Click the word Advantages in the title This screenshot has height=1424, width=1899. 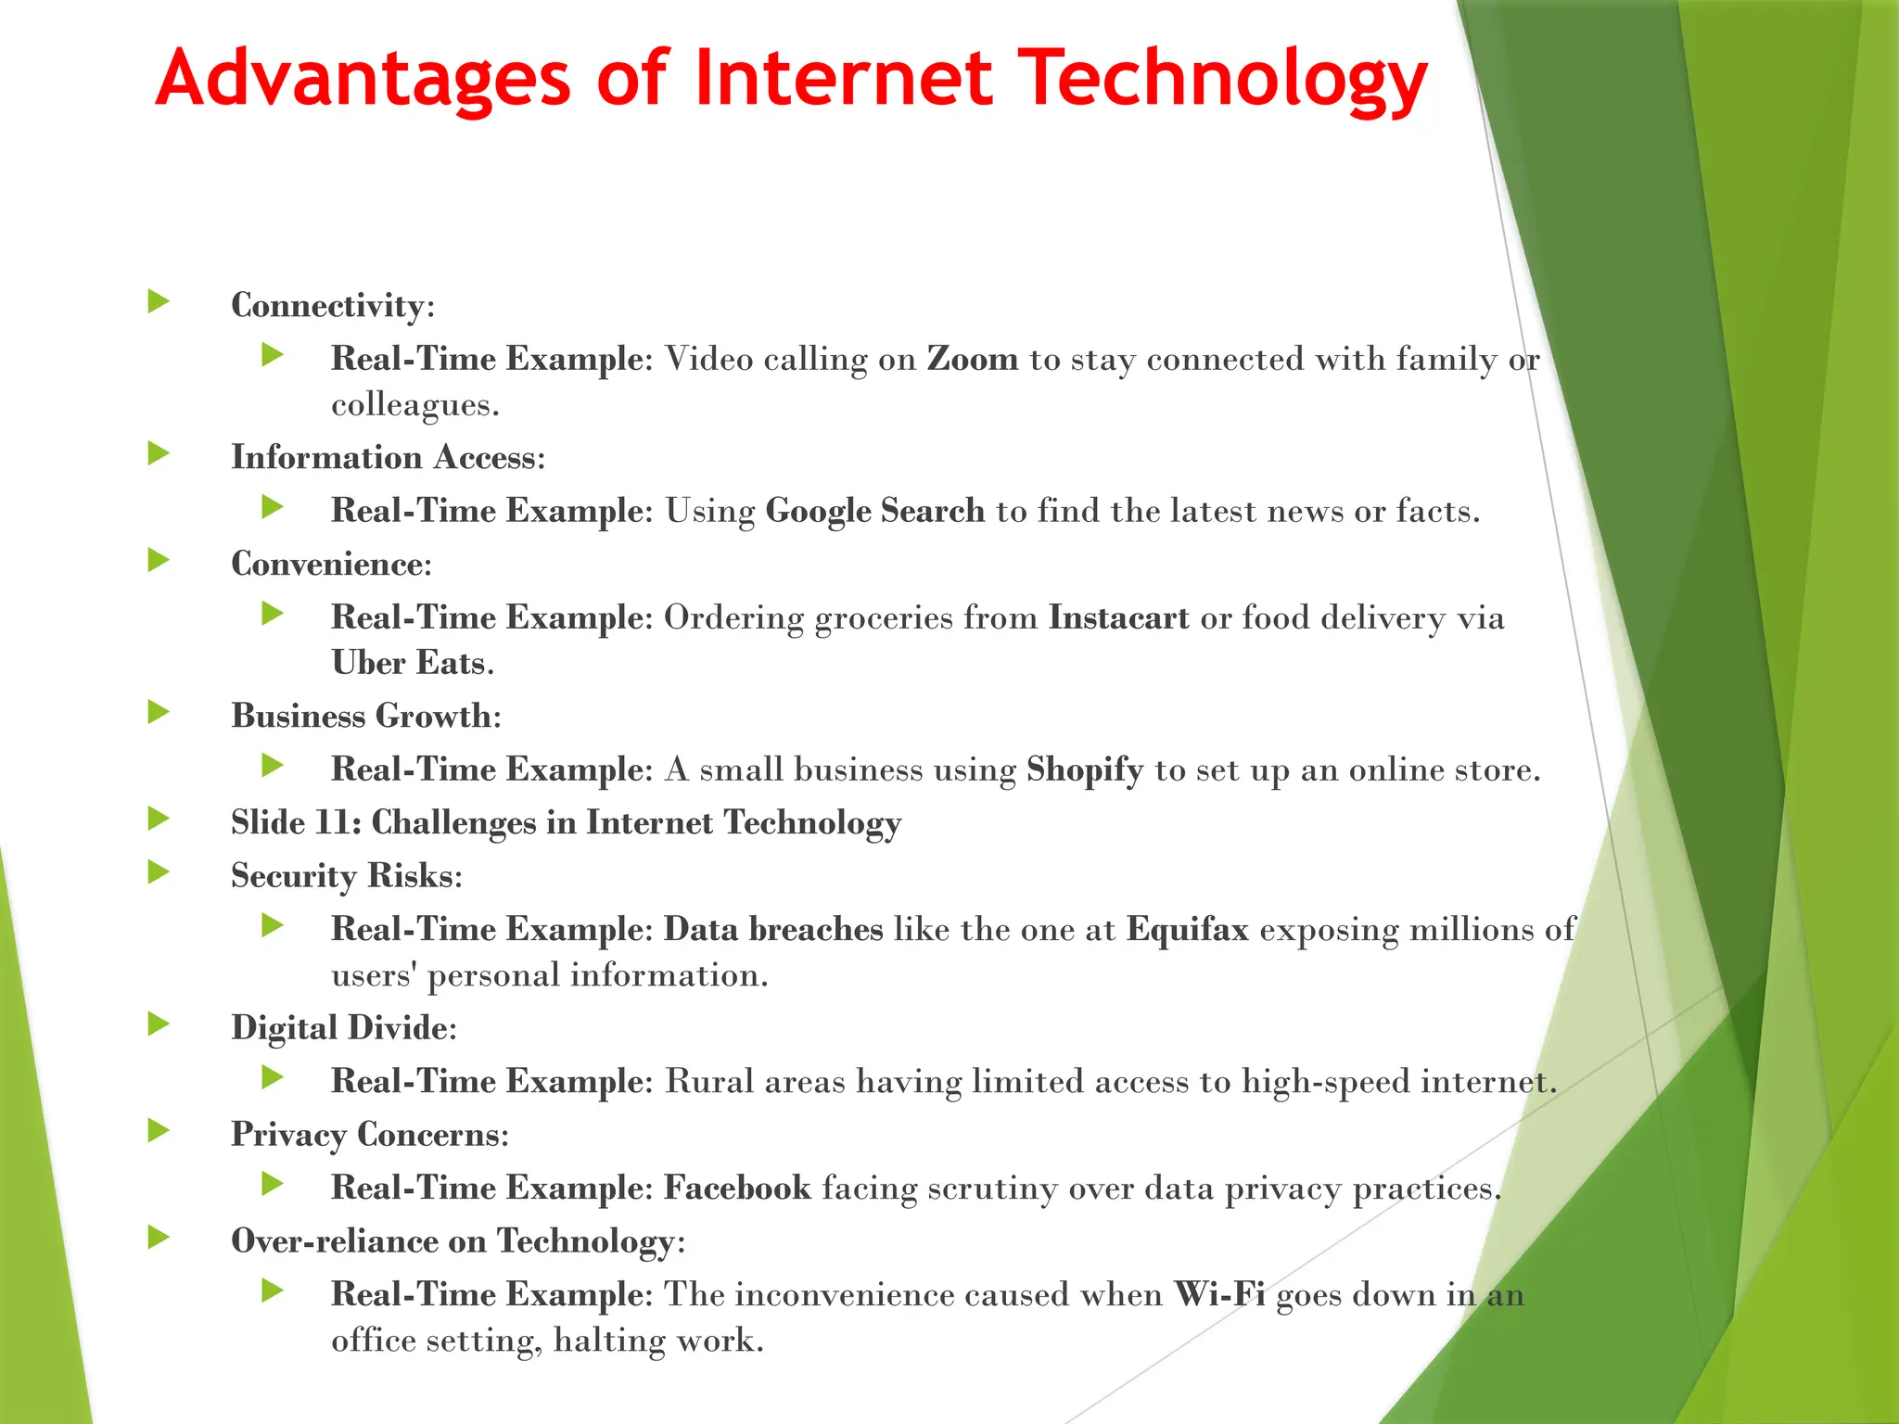click(x=363, y=79)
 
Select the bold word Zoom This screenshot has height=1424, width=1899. click(x=973, y=359)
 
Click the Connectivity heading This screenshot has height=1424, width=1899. click(x=332, y=305)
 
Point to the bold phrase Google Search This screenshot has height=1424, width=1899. click(x=874, y=511)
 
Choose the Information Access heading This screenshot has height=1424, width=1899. click(x=388, y=457)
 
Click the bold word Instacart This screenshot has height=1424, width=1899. click(x=1118, y=617)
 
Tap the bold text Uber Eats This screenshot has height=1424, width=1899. click(x=409, y=663)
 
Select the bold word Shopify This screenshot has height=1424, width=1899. click(x=1084, y=769)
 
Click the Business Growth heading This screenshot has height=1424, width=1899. click(x=365, y=716)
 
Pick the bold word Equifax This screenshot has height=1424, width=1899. click(x=1188, y=929)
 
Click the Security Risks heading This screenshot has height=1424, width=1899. click(x=346, y=876)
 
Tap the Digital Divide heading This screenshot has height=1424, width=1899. click(x=343, y=1028)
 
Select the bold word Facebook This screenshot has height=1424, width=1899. click(x=737, y=1188)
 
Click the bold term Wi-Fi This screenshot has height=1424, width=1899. click(x=1219, y=1294)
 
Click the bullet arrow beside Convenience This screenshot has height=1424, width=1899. click(x=159, y=560)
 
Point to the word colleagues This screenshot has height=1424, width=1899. click(x=414, y=405)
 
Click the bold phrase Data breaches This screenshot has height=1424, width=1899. click(x=773, y=929)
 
